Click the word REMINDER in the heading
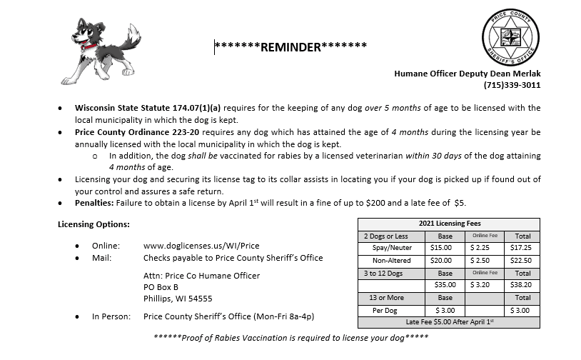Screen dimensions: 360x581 coord(291,48)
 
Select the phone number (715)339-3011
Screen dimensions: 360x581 coord(512,85)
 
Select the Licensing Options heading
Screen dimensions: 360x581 coord(94,224)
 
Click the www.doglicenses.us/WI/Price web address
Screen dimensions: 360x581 coord(201,246)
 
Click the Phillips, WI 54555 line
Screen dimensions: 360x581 coord(178,299)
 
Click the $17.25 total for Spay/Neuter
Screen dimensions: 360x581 coord(522,248)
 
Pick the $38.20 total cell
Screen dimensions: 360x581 coord(522,285)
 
